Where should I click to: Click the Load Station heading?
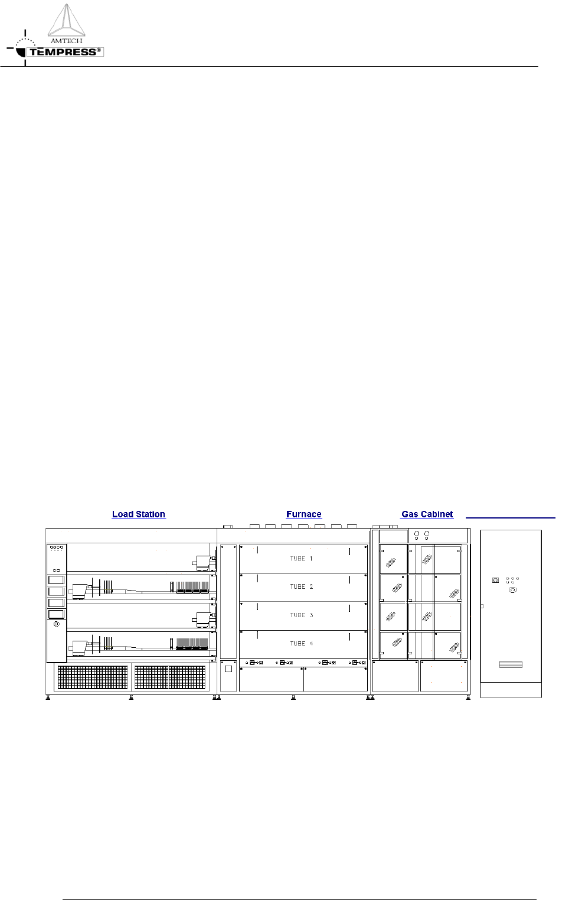tap(139, 514)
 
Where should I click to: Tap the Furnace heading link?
tap(303, 514)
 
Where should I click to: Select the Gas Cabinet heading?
tap(427, 514)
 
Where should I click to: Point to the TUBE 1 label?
tap(301, 559)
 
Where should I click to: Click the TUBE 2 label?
tap(301, 586)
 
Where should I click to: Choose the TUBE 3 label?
tap(301, 615)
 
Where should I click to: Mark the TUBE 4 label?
tap(301, 643)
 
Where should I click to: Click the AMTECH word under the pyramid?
tap(66, 41)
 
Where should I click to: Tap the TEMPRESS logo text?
tap(64, 52)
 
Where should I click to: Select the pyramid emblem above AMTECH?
tap(66, 20)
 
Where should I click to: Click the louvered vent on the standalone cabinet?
tap(511, 664)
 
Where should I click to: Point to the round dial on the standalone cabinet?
tap(512, 590)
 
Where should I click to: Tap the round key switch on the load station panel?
tap(56, 624)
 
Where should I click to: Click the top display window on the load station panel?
tap(56, 580)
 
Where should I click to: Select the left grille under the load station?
tap(92, 677)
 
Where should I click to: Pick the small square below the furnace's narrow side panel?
tap(228, 669)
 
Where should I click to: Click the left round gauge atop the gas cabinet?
tap(416, 535)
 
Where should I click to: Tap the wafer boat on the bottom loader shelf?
tap(192, 644)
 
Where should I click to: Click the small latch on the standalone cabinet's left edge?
tap(482, 606)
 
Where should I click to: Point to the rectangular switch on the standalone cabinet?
tap(495, 580)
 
